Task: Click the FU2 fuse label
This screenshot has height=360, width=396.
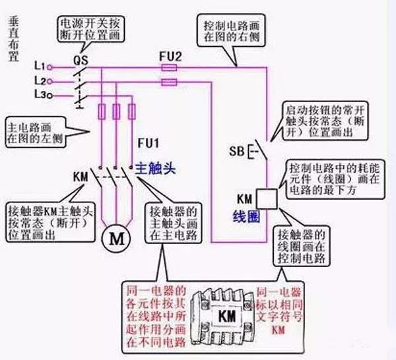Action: [170, 56]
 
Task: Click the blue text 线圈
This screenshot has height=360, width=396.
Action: [245, 216]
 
